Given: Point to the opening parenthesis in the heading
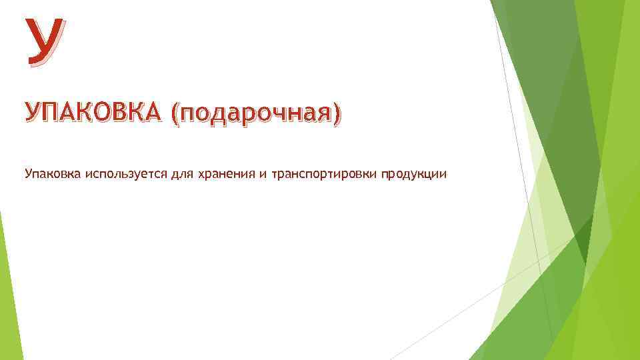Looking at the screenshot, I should point(175,115).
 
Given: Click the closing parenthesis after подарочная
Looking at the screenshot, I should point(336,115).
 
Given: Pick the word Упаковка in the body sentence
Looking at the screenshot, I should point(53,175).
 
